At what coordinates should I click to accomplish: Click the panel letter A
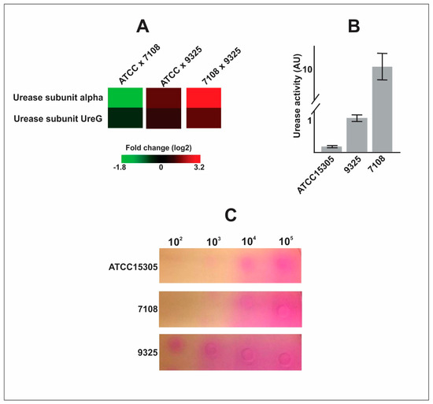(142, 26)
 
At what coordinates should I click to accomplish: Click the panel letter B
(353, 26)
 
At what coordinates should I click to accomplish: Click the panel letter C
(230, 215)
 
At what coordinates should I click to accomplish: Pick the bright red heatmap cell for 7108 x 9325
(204, 97)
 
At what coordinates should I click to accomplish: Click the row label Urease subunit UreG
(55, 117)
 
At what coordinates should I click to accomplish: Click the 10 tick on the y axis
(309, 69)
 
